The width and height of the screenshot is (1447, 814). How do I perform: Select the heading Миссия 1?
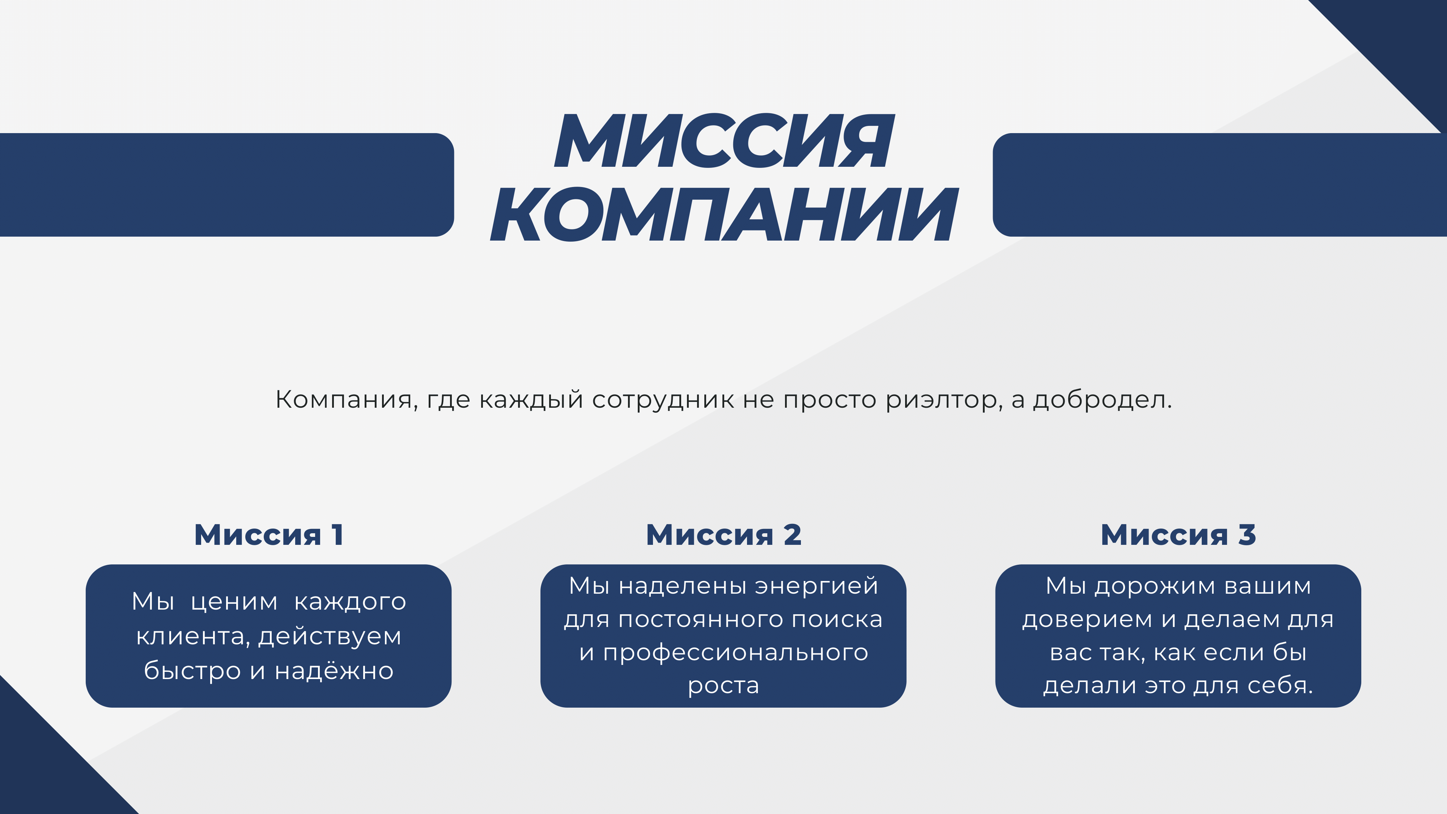tap(268, 534)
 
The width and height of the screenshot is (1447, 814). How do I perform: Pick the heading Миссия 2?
tap(723, 534)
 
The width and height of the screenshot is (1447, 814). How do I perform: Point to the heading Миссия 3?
tap(1178, 534)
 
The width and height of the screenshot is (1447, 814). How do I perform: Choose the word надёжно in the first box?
tap(334, 670)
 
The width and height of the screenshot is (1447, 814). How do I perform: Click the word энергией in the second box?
tap(816, 586)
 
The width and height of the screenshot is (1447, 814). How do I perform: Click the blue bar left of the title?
tap(227, 185)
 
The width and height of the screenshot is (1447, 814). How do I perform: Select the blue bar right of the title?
tap(1219, 185)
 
